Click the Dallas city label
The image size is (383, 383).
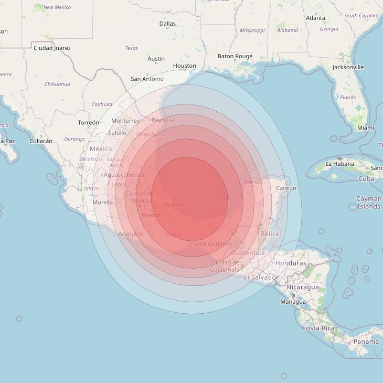coord(167,24)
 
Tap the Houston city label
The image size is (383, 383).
coord(184,66)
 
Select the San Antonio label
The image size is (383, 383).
coord(147,79)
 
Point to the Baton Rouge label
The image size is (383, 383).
coord(235,57)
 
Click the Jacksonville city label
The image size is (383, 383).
coord(348,67)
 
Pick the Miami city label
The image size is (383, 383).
coord(366,127)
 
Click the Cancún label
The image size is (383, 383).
coord(286,188)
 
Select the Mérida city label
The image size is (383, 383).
coord(253,182)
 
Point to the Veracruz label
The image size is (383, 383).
coord(175,205)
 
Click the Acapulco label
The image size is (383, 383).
coord(131,233)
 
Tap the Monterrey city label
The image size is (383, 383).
coord(125,121)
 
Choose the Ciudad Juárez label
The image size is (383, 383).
coord(52,48)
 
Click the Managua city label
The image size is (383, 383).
coord(293,302)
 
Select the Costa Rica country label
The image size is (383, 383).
coord(318,328)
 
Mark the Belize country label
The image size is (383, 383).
coord(270,234)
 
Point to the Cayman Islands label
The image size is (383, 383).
coord(368,203)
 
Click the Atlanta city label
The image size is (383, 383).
coord(315,18)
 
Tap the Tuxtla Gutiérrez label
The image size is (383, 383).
coord(211,244)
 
